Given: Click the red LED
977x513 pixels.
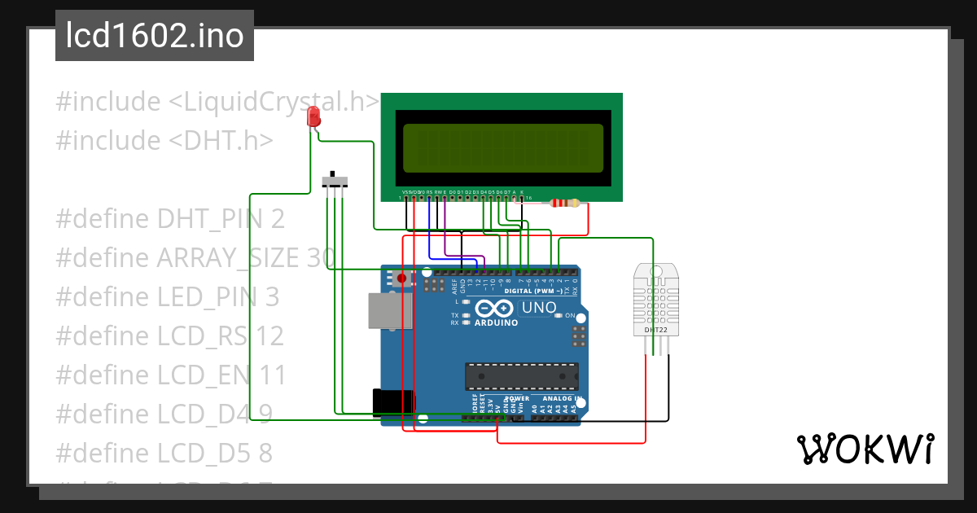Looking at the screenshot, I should tap(313, 117).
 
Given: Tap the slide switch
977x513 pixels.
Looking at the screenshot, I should tap(335, 181).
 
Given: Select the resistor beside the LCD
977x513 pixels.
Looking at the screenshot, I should tap(563, 204).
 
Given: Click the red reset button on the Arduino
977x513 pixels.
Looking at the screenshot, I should tap(401, 278).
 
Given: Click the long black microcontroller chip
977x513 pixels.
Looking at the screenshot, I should tap(521, 376).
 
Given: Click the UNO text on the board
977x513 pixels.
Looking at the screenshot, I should tap(538, 308).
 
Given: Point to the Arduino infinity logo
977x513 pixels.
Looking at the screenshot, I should tap(493, 309).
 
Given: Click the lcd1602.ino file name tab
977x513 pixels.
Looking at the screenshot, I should tap(155, 37).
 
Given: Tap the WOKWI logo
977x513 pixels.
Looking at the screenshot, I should tap(865, 449).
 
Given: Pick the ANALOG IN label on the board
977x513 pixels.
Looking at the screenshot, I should tap(557, 399).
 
